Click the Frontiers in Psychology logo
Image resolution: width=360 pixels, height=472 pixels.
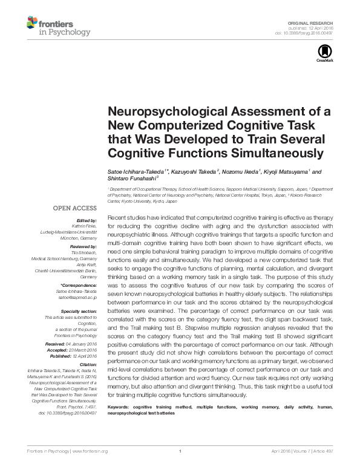click(58, 27)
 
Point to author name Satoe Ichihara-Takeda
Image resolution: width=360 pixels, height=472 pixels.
click(136, 171)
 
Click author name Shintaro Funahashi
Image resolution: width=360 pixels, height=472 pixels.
click(131, 179)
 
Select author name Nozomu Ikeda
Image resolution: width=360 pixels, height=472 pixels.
click(244, 171)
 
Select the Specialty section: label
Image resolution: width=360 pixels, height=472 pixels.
click(81, 311)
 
